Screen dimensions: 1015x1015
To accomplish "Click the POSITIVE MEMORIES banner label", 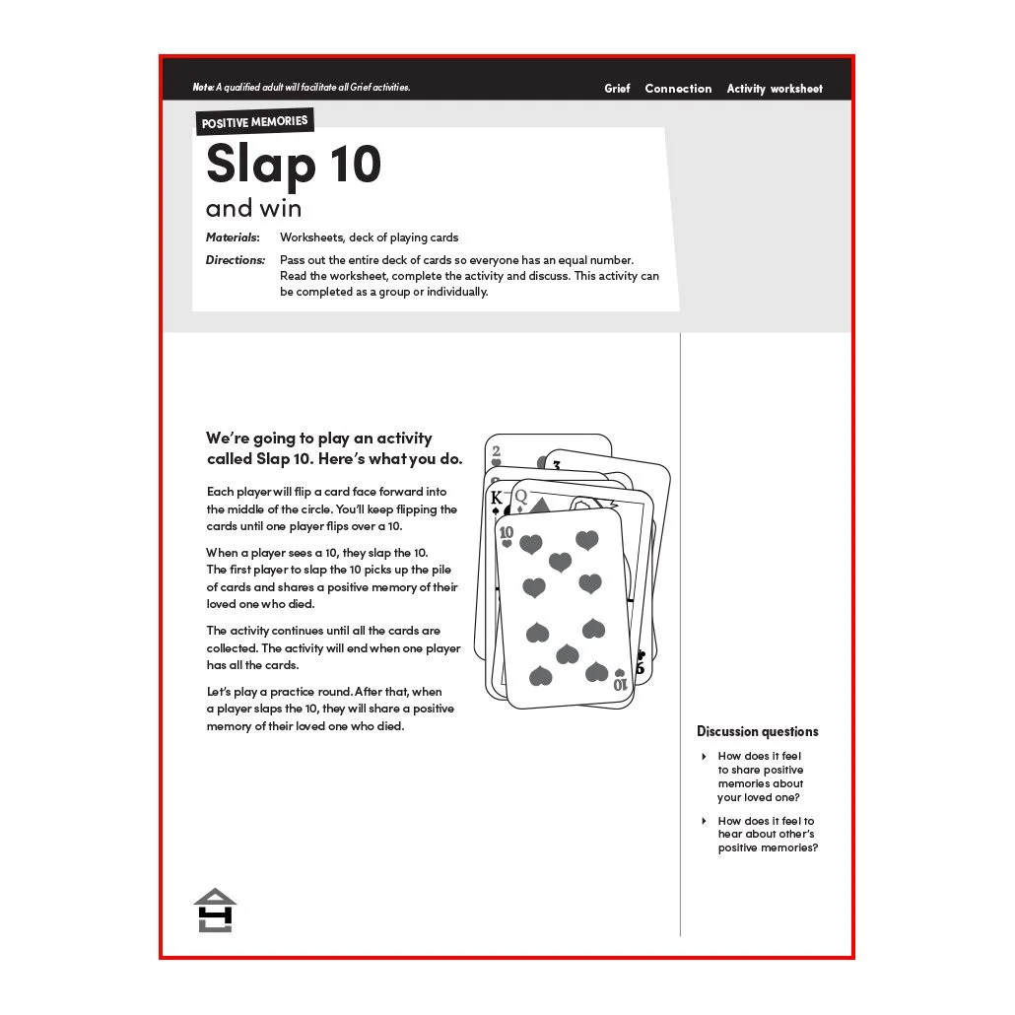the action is tap(254, 121).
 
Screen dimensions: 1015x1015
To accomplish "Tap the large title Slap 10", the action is tap(294, 165).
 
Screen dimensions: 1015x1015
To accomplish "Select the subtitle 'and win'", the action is tap(254, 209).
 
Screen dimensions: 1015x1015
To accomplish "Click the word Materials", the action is tap(233, 237).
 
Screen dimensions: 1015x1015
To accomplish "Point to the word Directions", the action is tap(236, 260).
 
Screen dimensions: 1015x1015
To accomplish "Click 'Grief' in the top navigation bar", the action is tap(617, 89).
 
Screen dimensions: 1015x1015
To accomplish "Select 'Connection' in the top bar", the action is tap(678, 89).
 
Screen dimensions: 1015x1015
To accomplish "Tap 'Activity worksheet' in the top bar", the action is tap(775, 89).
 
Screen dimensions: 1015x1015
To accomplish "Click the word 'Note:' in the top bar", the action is tap(203, 87).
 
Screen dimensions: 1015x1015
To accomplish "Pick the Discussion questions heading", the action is tap(758, 731).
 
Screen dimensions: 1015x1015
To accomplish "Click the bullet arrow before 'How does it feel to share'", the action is tap(705, 756).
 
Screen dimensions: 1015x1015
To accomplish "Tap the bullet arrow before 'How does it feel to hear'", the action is tap(705, 821).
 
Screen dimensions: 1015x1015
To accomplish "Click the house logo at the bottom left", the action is tap(215, 911).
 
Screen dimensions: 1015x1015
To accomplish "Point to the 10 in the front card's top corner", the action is tap(507, 533).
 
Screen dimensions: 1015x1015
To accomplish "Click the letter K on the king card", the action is tap(497, 498).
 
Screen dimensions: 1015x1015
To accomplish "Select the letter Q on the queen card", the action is tap(520, 497).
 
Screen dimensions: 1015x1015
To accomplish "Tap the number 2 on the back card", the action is tap(496, 451).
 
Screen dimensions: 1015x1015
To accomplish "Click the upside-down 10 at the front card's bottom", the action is tap(620, 684).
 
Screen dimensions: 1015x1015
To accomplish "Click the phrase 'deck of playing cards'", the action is tap(403, 237).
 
